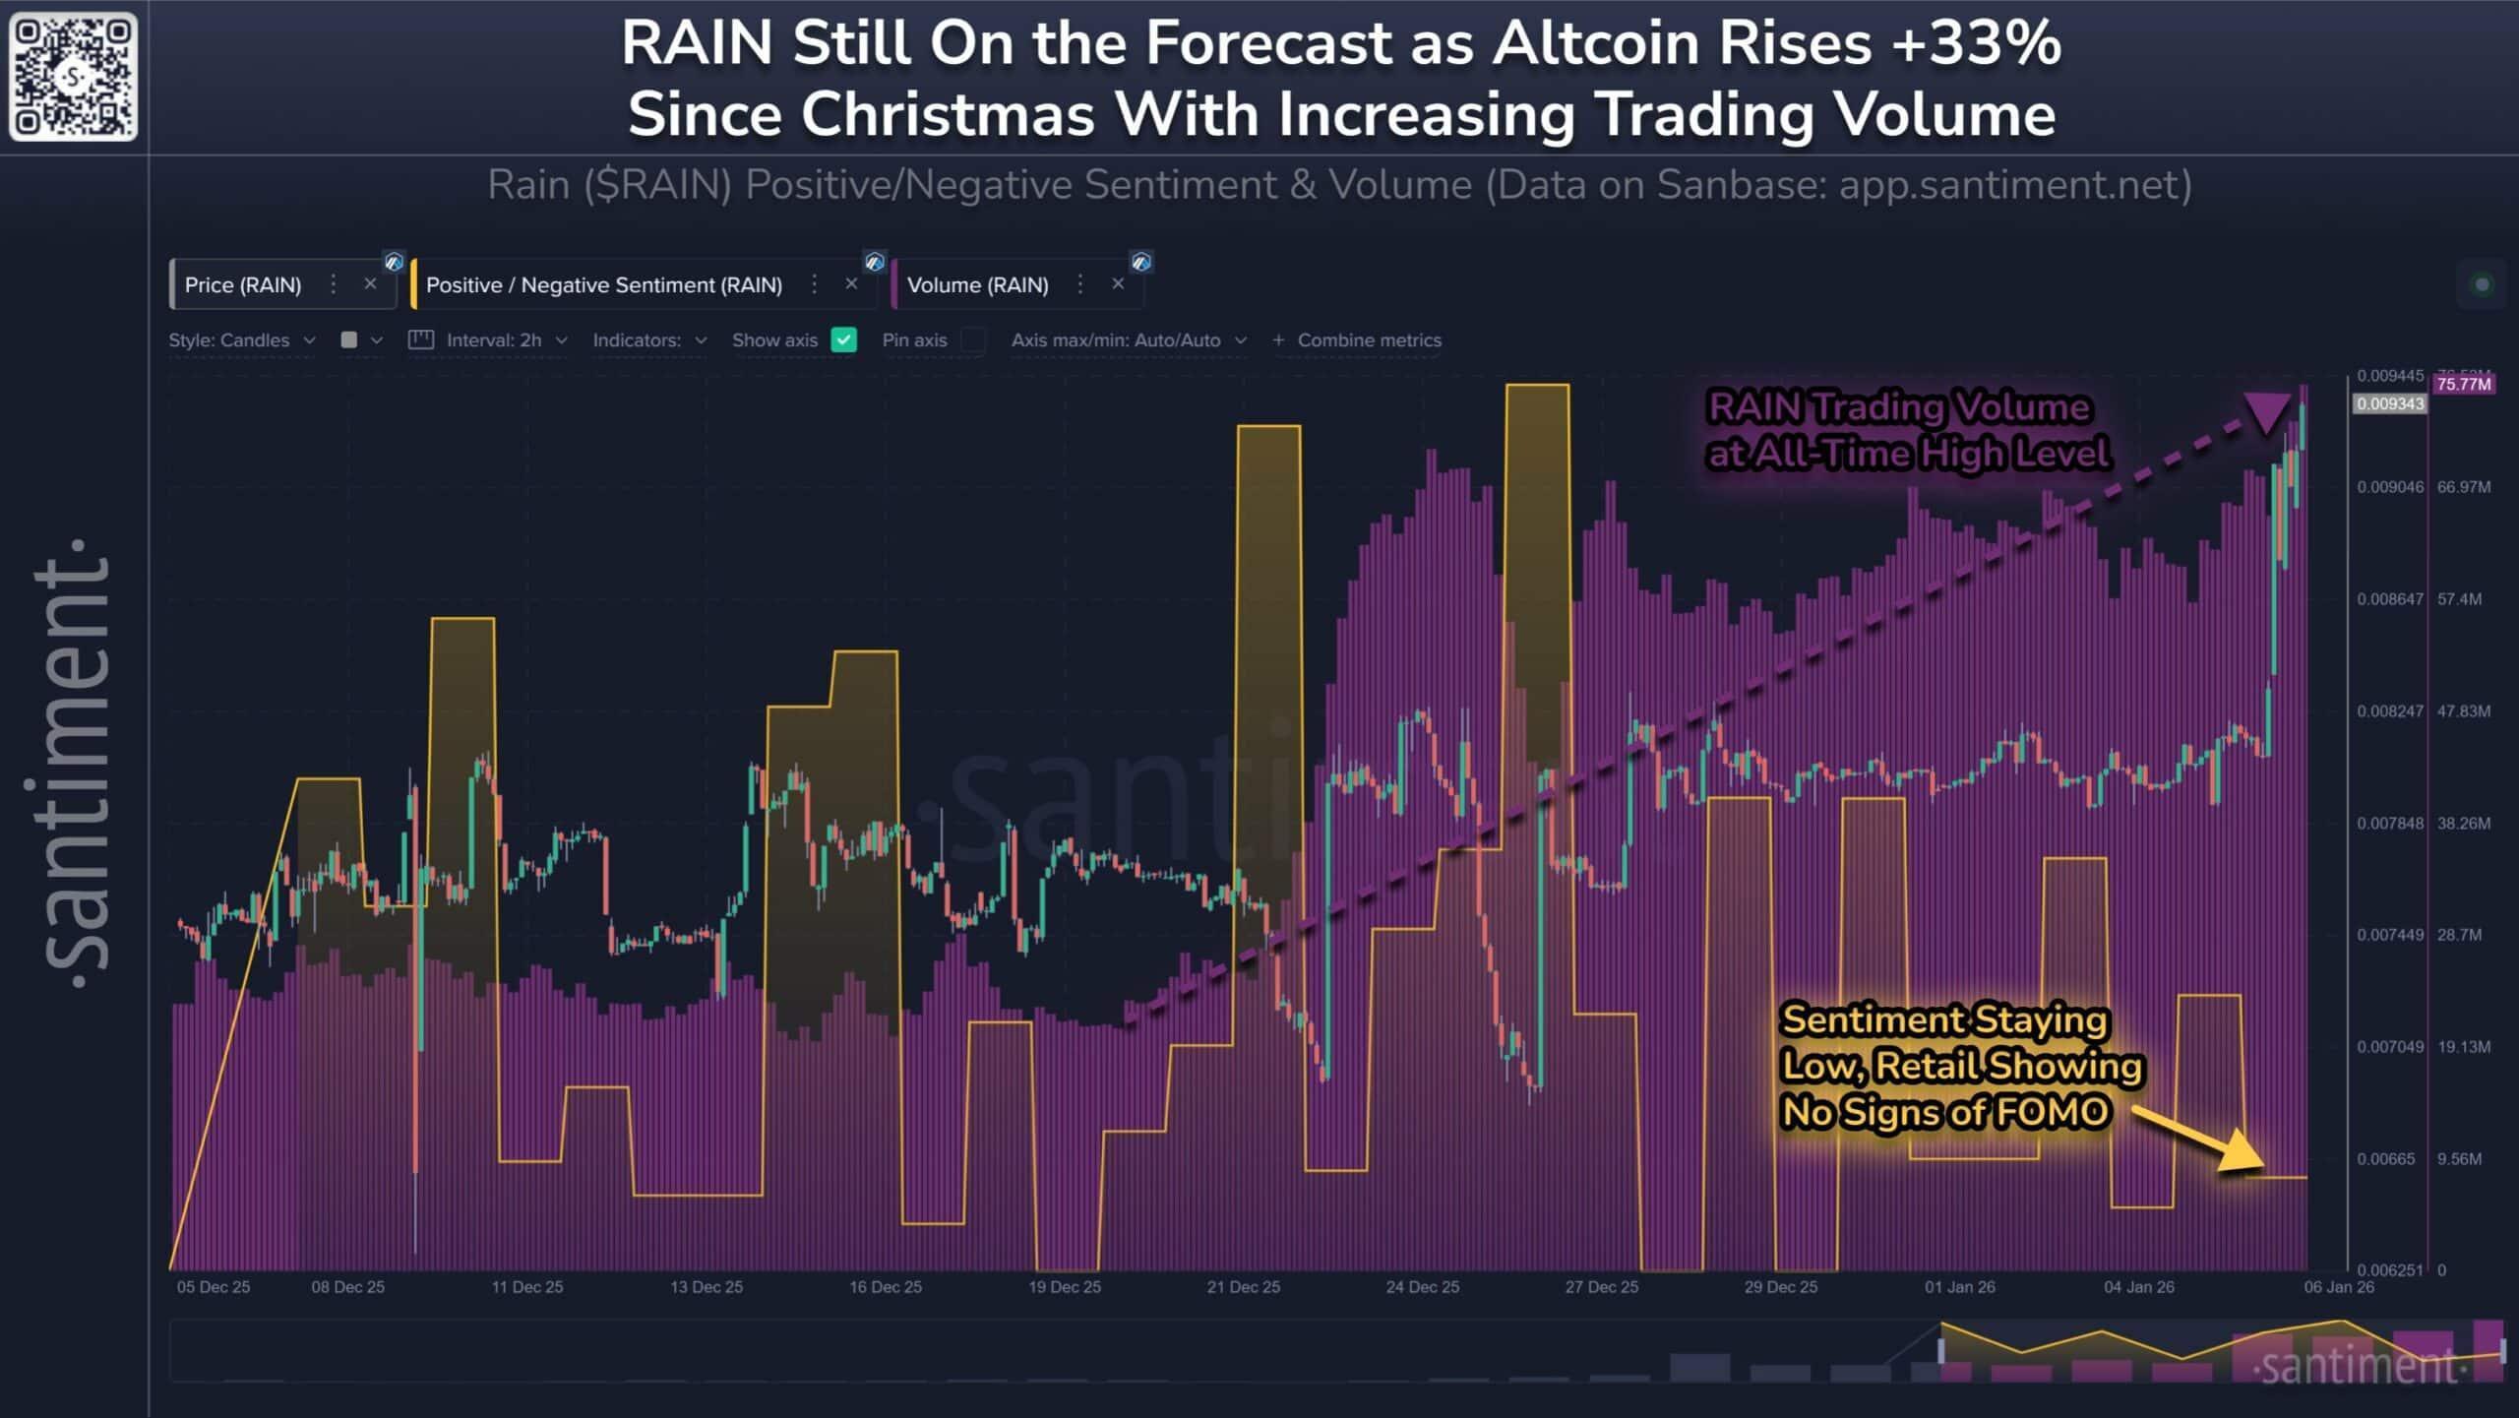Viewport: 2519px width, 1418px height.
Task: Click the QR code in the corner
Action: (73, 76)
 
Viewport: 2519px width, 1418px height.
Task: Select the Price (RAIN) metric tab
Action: (243, 285)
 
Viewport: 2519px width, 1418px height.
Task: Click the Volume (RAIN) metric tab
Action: (977, 285)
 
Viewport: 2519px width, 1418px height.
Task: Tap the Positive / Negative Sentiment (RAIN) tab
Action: (603, 285)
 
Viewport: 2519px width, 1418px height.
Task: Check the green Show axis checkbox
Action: (843, 340)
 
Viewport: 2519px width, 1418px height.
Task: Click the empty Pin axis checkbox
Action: (972, 340)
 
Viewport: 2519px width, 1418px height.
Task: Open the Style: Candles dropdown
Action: (241, 340)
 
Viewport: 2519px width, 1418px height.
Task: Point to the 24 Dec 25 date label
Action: (1422, 1287)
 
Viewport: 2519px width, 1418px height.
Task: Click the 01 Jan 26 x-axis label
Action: (1959, 1287)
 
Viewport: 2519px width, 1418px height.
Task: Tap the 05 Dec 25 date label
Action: (214, 1287)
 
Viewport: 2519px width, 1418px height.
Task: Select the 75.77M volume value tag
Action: (2463, 384)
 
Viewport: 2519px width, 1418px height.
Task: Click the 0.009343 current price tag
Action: (2389, 404)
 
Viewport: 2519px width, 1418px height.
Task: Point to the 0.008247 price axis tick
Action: (2389, 711)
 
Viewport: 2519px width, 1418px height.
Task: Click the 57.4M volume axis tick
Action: (2459, 599)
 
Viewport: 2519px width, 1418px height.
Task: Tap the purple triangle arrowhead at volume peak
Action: (2267, 411)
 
